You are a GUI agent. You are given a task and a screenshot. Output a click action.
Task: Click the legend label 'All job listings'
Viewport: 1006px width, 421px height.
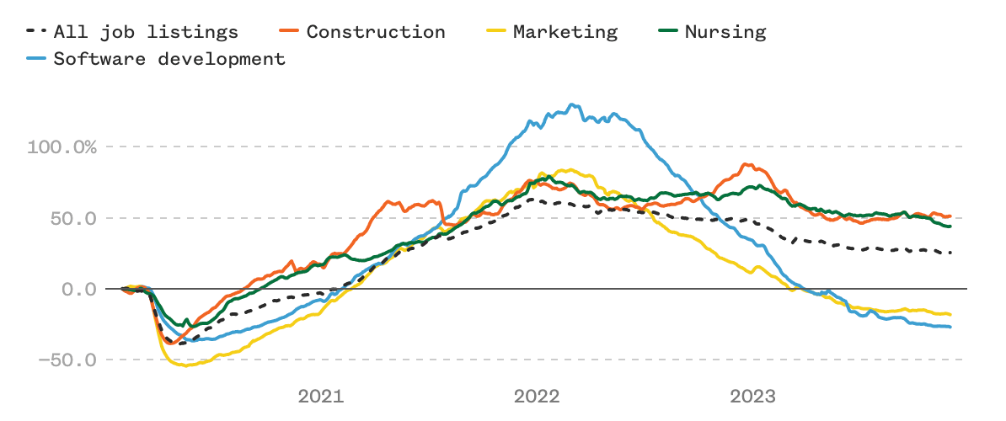tap(146, 33)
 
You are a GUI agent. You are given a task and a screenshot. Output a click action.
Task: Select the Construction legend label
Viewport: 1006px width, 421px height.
tap(375, 33)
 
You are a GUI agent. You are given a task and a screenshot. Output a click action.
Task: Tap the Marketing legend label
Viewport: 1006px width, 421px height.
tap(565, 33)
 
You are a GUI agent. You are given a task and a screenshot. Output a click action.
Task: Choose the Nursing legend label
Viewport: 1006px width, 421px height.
tap(725, 33)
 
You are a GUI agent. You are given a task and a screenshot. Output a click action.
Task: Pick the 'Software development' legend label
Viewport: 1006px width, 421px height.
tap(169, 59)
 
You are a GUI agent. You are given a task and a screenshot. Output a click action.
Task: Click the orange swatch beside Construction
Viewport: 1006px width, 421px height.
tap(288, 33)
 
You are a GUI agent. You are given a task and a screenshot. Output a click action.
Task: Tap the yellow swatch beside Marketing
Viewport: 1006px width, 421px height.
tap(495, 33)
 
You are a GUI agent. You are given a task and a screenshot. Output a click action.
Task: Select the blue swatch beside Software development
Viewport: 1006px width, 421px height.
tap(36, 59)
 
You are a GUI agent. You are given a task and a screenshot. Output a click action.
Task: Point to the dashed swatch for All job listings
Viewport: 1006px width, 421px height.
tap(36, 33)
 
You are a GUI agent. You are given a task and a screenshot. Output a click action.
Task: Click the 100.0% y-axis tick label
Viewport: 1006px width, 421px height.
tap(62, 147)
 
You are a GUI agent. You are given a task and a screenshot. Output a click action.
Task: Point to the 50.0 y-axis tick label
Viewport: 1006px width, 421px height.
tap(74, 218)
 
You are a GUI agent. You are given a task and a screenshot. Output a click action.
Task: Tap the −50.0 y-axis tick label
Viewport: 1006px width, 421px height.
tap(68, 360)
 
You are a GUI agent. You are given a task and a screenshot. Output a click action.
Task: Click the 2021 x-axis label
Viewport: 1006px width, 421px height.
tap(320, 396)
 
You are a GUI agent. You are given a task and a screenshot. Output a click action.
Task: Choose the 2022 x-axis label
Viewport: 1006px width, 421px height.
tap(537, 396)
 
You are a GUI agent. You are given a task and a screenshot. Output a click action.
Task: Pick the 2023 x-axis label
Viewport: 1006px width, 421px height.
tap(753, 396)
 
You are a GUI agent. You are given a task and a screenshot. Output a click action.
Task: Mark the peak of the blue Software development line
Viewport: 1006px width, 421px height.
tap(573, 104)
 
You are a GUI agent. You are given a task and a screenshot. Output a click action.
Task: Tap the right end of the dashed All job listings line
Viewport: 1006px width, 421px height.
tap(951, 253)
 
